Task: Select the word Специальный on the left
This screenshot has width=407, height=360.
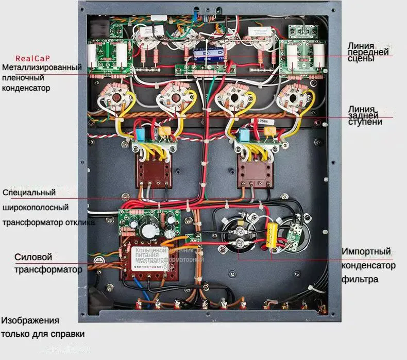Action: (x=29, y=193)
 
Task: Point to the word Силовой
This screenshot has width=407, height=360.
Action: (x=33, y=257)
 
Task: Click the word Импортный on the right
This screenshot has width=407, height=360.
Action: (x=366, y=252)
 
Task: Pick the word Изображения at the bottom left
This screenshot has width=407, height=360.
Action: (x=30, y=320)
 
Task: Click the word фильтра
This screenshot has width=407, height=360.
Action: (x=360, y=279)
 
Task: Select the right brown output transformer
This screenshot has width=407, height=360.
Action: (x=253, y=170)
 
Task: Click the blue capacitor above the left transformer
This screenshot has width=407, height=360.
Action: (x=140, y=134)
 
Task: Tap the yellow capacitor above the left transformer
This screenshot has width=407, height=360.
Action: (x=164, y=132)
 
